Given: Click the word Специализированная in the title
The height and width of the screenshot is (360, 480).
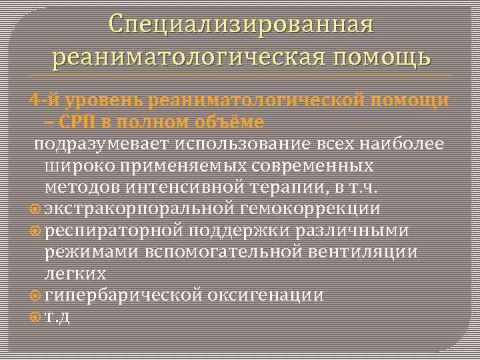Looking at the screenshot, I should (241, 25).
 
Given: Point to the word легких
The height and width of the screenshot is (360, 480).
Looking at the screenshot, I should (75, 273).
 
